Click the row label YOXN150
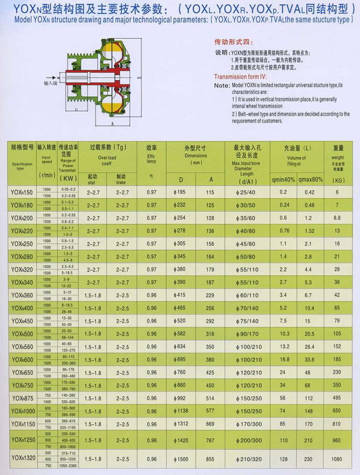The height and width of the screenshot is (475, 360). coord(21,192)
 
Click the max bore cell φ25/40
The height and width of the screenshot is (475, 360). coord(245,192)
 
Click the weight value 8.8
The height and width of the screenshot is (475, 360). coord(336,217)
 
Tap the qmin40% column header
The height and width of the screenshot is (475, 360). coord(283,179)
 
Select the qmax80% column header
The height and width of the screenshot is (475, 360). coord(311,179)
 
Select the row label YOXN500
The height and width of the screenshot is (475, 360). coord(21,334)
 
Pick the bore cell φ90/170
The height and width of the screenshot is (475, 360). coord(245,334)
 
